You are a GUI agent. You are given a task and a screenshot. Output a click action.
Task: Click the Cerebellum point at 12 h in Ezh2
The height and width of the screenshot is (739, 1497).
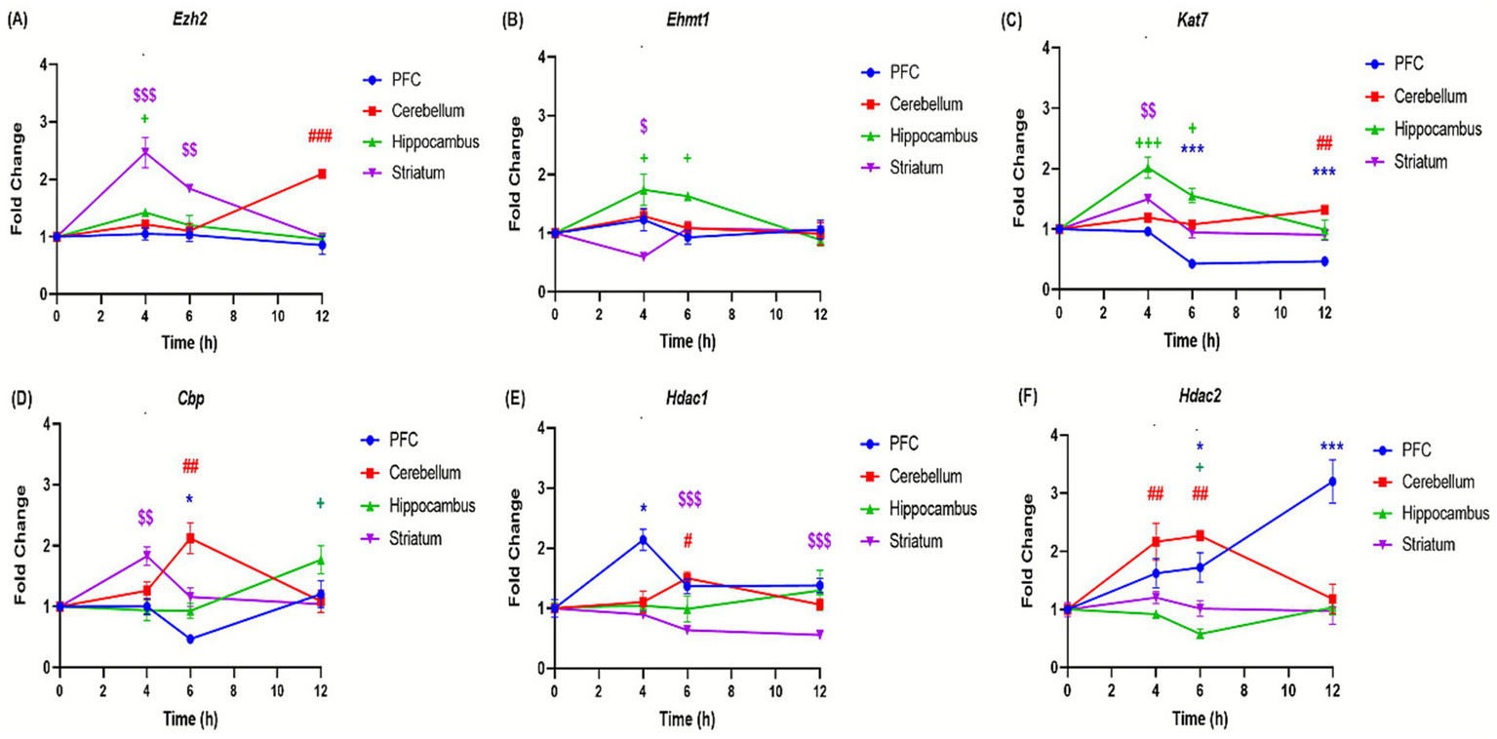point(321,174)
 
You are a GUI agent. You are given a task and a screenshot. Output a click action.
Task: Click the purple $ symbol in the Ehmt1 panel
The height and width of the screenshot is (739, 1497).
point(643,127)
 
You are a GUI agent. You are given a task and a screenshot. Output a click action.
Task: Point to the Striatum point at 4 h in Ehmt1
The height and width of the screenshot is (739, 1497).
point(643,257)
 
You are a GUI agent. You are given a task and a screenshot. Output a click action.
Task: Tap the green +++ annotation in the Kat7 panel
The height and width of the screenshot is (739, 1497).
point(1148,143)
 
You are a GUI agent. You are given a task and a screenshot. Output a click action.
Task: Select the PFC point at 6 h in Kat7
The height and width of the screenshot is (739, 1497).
point(1192,263)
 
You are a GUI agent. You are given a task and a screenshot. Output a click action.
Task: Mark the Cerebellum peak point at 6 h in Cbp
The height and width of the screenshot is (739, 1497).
point(190,538)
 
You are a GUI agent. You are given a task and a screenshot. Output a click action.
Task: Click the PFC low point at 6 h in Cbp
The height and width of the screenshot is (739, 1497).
point(190,640)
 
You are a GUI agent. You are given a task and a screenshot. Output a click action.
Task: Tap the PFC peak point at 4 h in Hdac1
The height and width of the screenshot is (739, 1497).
point(643,538)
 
